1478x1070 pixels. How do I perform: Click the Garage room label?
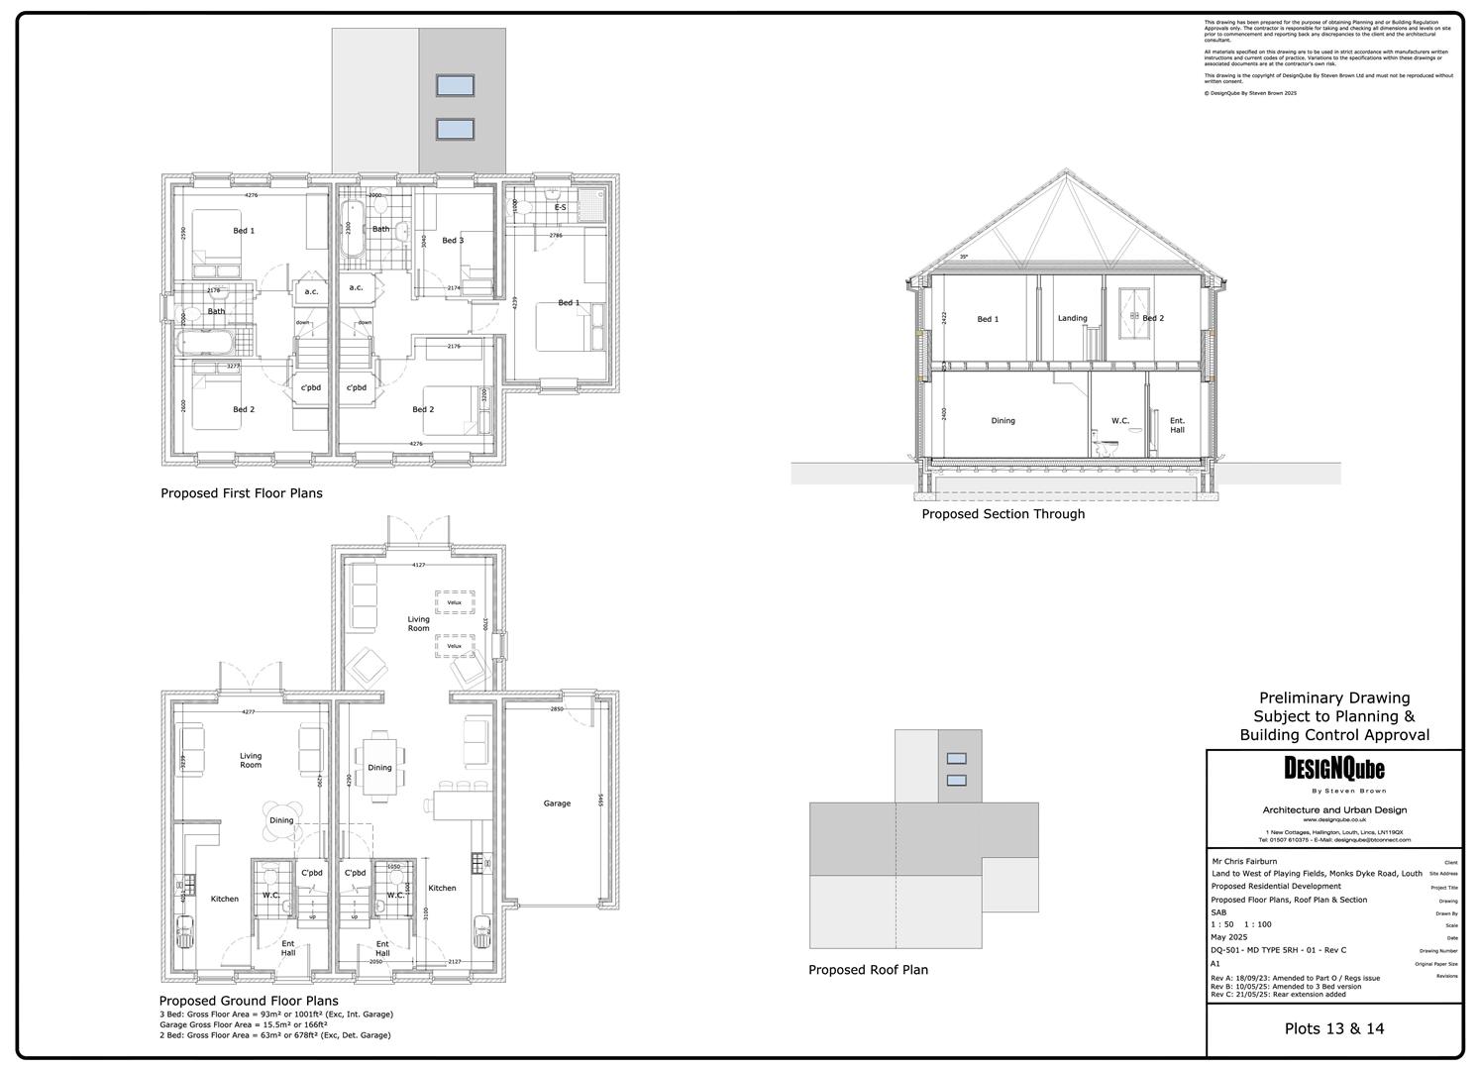pyautogui.click(x=557, y=803)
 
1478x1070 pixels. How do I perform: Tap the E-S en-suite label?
pyautogui.click(x=560, y=207)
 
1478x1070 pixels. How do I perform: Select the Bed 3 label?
pyautogui.click(x=453, y=241)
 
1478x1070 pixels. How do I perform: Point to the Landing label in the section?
pyautogui.click(x=1072, y=318)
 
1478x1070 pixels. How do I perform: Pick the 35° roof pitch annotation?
pyautogui.click(x=963, y=258)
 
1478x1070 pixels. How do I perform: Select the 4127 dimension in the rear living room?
pyautogui.click(x=418, y=565)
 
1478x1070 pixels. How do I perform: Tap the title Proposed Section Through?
pyautogui.click(x=1003, y=514)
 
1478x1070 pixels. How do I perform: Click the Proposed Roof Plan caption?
pyautogui.click(x=868, y=970)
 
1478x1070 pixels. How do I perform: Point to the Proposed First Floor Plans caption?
pyautogui.click(x=242, y=493)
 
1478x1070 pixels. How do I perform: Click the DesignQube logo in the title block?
pyautogui.click(x=1333, y=769)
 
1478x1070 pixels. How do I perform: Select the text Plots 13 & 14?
pyautogui.click(x=1333, y=1028)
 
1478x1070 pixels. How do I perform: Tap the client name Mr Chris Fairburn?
pyautogui.click(x=1243, y=861)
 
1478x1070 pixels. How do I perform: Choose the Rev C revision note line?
pyautogui.click(x=1278, y=994)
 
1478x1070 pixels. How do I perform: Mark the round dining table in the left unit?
pyautogui.click(x=282, y=820)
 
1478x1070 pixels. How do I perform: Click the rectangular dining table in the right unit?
pyautogui.click(x=379, y=767)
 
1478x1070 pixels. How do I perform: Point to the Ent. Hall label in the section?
pyautogui.click(x=1177, y=425)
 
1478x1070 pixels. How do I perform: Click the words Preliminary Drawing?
pyautogui.click(x=1333, y=698)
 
